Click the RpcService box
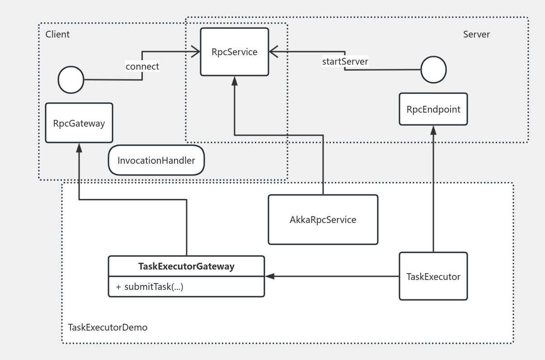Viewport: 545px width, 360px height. [x=234, y=52]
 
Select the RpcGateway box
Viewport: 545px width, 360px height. [x=79, y=123]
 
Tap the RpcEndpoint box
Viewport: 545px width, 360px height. [x=433, y=109]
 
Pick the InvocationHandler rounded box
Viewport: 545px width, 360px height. [x=156, y=160]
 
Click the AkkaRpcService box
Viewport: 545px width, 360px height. [x=323, y=220]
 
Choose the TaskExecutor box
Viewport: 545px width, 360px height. [x=433, y=276]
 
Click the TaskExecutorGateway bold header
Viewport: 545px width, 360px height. [x=186, y=266]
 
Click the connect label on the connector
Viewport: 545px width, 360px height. [x=142, y=66]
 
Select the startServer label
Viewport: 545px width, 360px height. [x=345, y=61]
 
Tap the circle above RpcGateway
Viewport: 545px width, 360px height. [x=71, y=80]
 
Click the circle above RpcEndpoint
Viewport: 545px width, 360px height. [x=433, y=70]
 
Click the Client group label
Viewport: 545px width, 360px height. [x=57, y=34]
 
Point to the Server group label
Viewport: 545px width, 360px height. [x=476, y=34]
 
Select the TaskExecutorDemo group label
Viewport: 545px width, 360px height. [x=108, y=327]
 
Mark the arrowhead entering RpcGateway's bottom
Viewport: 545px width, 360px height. [x=79, y=147]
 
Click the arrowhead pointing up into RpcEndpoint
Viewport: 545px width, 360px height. [x=433, y=130]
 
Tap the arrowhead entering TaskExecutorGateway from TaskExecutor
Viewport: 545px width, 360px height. [x=270, y=276]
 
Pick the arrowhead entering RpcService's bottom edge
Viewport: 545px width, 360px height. [x=234, y=81]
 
